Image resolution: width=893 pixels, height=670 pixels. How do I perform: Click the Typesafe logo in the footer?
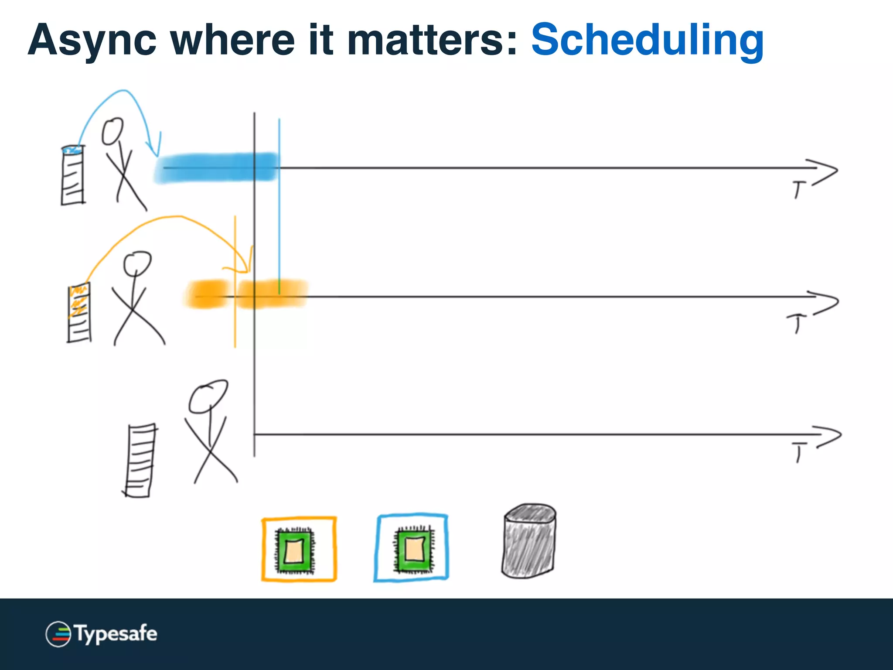point(101,633)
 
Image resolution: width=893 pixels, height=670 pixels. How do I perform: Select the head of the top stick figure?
point(112,131)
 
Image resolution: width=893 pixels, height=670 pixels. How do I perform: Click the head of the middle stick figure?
point(137,263)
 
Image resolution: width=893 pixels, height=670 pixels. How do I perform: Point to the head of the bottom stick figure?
point(208,396)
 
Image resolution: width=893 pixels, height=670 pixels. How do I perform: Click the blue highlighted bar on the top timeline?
point(216,167)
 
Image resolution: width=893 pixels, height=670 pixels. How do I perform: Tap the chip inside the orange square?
point(294,551)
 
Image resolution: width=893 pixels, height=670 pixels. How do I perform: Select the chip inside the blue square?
point(413,548)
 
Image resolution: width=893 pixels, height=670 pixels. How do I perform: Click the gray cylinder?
point(529,541)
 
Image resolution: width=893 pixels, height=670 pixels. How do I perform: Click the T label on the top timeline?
point(798,190)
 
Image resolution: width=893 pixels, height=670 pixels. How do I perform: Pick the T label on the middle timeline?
point(796,323)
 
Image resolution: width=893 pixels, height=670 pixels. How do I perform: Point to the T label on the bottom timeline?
point(799,451)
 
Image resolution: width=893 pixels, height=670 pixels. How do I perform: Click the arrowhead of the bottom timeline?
point(828,435)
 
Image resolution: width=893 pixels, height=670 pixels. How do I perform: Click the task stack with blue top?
point(73,175)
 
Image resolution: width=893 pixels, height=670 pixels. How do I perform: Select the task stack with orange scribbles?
point(79,312)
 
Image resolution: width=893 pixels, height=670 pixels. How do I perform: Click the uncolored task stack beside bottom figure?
point(140,460)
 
